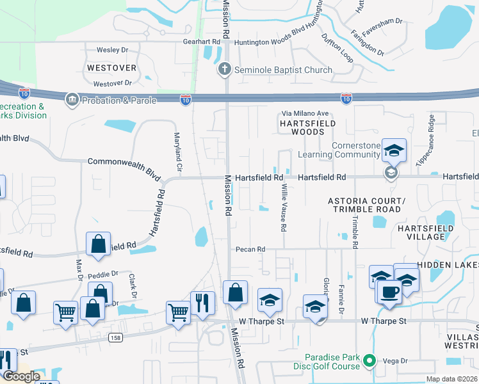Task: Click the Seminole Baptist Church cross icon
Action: tap(225, 69)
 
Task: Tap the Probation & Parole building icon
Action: tap(71, 100)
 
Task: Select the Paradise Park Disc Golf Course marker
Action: tap(369, 362)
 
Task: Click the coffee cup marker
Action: tap(389, 292)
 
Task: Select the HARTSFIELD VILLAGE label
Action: tap(430, 232)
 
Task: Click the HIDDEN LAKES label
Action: tap(448, 264)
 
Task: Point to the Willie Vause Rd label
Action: tap(284, 208)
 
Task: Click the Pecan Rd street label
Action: tap(250, 249)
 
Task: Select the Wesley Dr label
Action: tap(113, 49)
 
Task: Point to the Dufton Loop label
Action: tap(337, 48)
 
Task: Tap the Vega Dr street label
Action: tap(396, 361)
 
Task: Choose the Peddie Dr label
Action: tap(103, 274)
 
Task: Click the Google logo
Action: tap(21, 376)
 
